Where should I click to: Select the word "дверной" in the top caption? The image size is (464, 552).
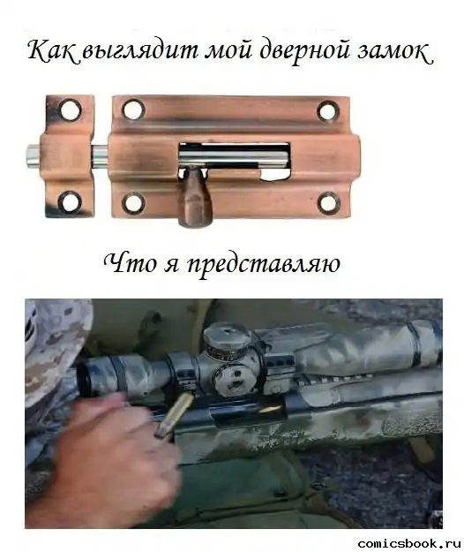303,52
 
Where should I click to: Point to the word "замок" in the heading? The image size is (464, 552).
394,52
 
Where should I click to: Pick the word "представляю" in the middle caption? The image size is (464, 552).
263,265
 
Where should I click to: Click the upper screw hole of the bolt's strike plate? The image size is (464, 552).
71,110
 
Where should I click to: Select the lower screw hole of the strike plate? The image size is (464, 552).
71,201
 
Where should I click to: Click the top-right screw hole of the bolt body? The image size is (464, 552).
328,110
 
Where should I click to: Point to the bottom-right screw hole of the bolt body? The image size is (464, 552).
328,202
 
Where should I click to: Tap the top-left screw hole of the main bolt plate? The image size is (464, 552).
133,110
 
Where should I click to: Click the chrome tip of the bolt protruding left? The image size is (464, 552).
34,156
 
